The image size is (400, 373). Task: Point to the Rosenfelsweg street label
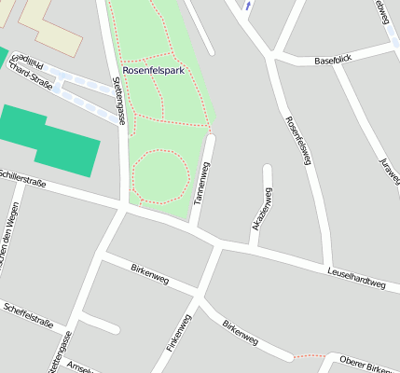point(297,141)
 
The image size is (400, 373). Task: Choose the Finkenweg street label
point(178,332)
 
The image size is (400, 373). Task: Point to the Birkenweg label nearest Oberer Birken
point(240,333)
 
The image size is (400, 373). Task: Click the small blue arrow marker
point(247,6)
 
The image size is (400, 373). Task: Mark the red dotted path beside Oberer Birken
point(310,355)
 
